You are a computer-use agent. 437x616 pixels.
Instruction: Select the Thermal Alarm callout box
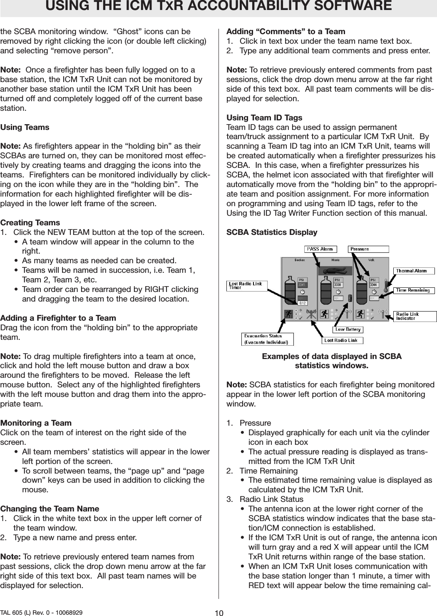414,271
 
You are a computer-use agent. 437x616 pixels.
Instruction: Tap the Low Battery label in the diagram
348,329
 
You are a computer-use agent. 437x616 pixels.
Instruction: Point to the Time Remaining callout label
414,290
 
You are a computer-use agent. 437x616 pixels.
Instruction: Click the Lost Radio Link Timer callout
247,286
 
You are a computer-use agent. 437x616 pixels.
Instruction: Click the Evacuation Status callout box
267,339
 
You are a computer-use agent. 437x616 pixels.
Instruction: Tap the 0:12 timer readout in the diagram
302,303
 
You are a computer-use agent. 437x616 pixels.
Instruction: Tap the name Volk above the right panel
371,260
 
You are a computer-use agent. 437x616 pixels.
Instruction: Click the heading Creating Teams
30,223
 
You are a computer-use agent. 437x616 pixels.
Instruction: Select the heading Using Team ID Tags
264,118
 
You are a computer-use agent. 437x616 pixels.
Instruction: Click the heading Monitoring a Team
36,423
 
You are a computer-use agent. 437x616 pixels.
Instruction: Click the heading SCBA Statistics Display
272,232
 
